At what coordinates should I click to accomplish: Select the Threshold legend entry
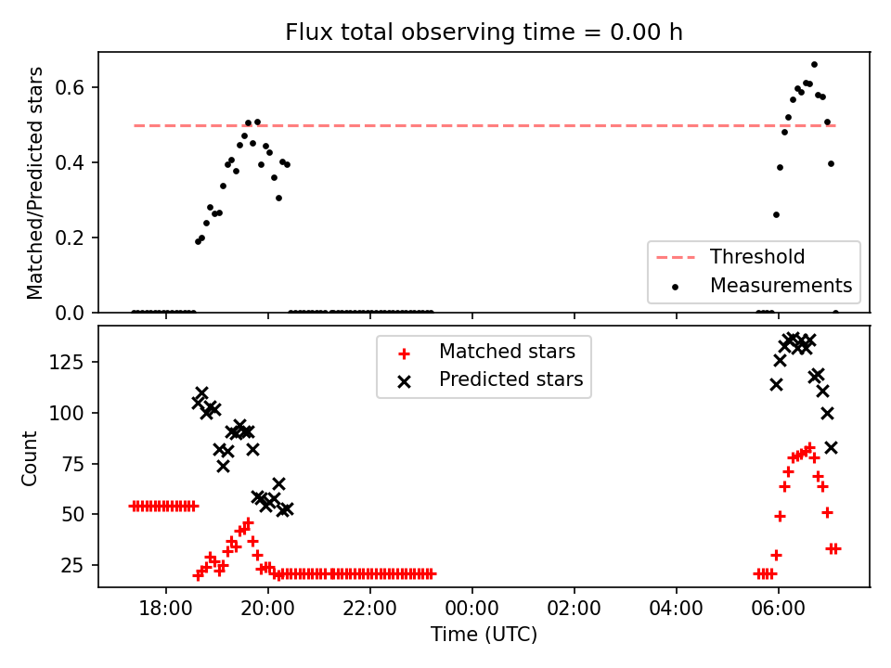tap(730, 257)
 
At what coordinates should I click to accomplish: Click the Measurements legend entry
tap(761, 285)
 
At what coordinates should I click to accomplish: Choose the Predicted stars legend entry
tap(491, 379)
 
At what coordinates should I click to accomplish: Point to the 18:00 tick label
tap(166, 609)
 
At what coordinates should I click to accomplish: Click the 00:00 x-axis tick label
tap(471, 609)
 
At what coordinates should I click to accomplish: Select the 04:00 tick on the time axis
tap(677, 609)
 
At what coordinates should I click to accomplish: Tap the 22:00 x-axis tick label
tap(370, 609)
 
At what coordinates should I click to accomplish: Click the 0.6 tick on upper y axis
tap(70, 87)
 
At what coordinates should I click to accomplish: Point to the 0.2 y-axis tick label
tap(70, 238)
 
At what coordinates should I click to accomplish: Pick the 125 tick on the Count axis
tap(66, 362)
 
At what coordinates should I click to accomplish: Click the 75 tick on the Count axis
tap(72, 464)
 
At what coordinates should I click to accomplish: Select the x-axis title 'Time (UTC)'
tap(484, 634)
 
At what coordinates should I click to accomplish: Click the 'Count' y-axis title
tap(29, 458)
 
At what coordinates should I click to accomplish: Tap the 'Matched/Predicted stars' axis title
tap(34, 183)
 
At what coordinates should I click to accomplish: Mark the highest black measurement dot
tap(814, 65)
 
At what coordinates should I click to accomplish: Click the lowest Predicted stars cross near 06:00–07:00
tap(831, 448)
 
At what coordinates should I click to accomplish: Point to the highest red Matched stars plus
tap(809, 447)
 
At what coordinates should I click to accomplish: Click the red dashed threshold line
tap(484, 125)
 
